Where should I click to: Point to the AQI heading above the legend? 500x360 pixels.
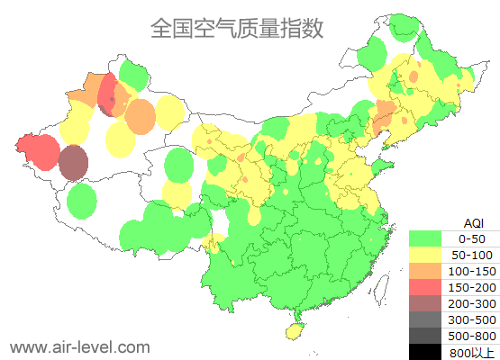click(473, 222)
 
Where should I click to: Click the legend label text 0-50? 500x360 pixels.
click(472, 238)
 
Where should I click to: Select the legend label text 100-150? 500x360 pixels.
click(472, 271)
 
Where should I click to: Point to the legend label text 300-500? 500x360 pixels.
click(472, 319)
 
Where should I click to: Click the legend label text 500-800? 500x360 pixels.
click(472, 336)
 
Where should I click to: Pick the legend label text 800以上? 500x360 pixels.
click(472, 352)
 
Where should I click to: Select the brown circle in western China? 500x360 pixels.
click(73, 163)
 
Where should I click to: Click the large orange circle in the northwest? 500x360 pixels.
click(140, 115)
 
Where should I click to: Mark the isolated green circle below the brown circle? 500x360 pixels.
click(82, 201)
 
